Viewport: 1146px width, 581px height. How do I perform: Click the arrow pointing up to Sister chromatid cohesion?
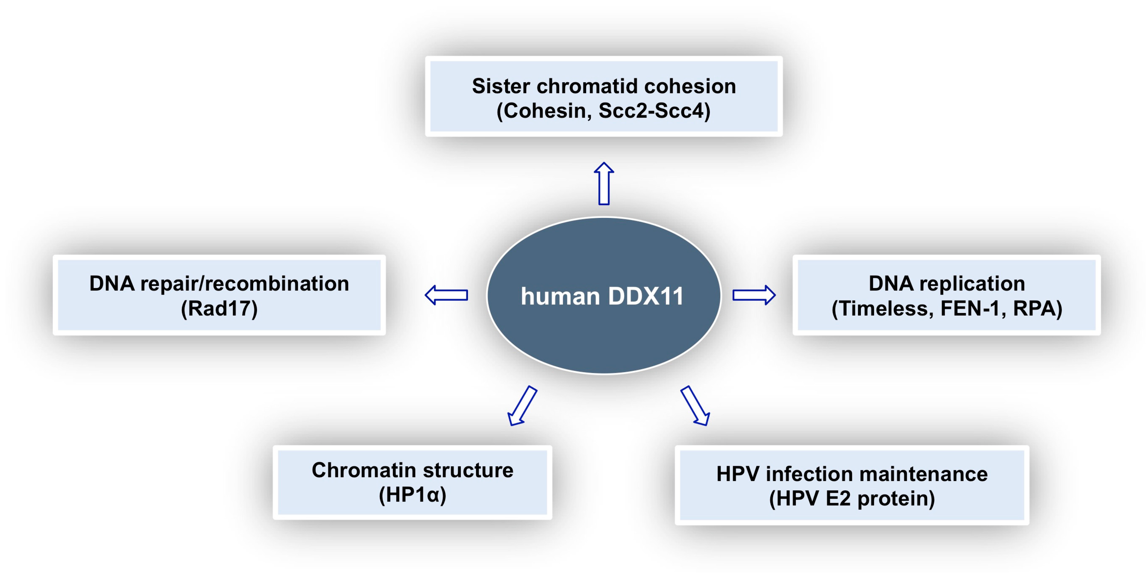(x=604, y=184)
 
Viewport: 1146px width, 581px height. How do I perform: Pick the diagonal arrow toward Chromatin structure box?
(x=522, y=406)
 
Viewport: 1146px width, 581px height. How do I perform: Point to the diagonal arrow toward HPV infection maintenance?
(x=695, y=406)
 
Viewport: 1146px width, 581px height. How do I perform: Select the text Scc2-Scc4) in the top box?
(x=654, y=111)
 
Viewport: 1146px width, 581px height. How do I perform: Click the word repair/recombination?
(x=244, y=284)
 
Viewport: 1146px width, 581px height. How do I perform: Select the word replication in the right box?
(x=972, y=284)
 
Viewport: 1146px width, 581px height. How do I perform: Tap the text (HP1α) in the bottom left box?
(x=412, y=495)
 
